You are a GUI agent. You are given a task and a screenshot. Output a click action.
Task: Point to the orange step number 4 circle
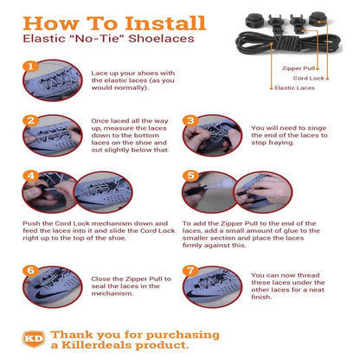(30, 176)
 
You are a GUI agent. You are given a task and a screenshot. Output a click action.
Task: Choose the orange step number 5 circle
(190, 176)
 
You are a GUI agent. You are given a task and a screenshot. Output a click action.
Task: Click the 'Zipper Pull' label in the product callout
(299, 67)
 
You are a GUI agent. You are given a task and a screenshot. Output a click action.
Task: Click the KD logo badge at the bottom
(33, 338)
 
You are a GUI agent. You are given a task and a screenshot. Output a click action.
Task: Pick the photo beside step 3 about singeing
(216, 138)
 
